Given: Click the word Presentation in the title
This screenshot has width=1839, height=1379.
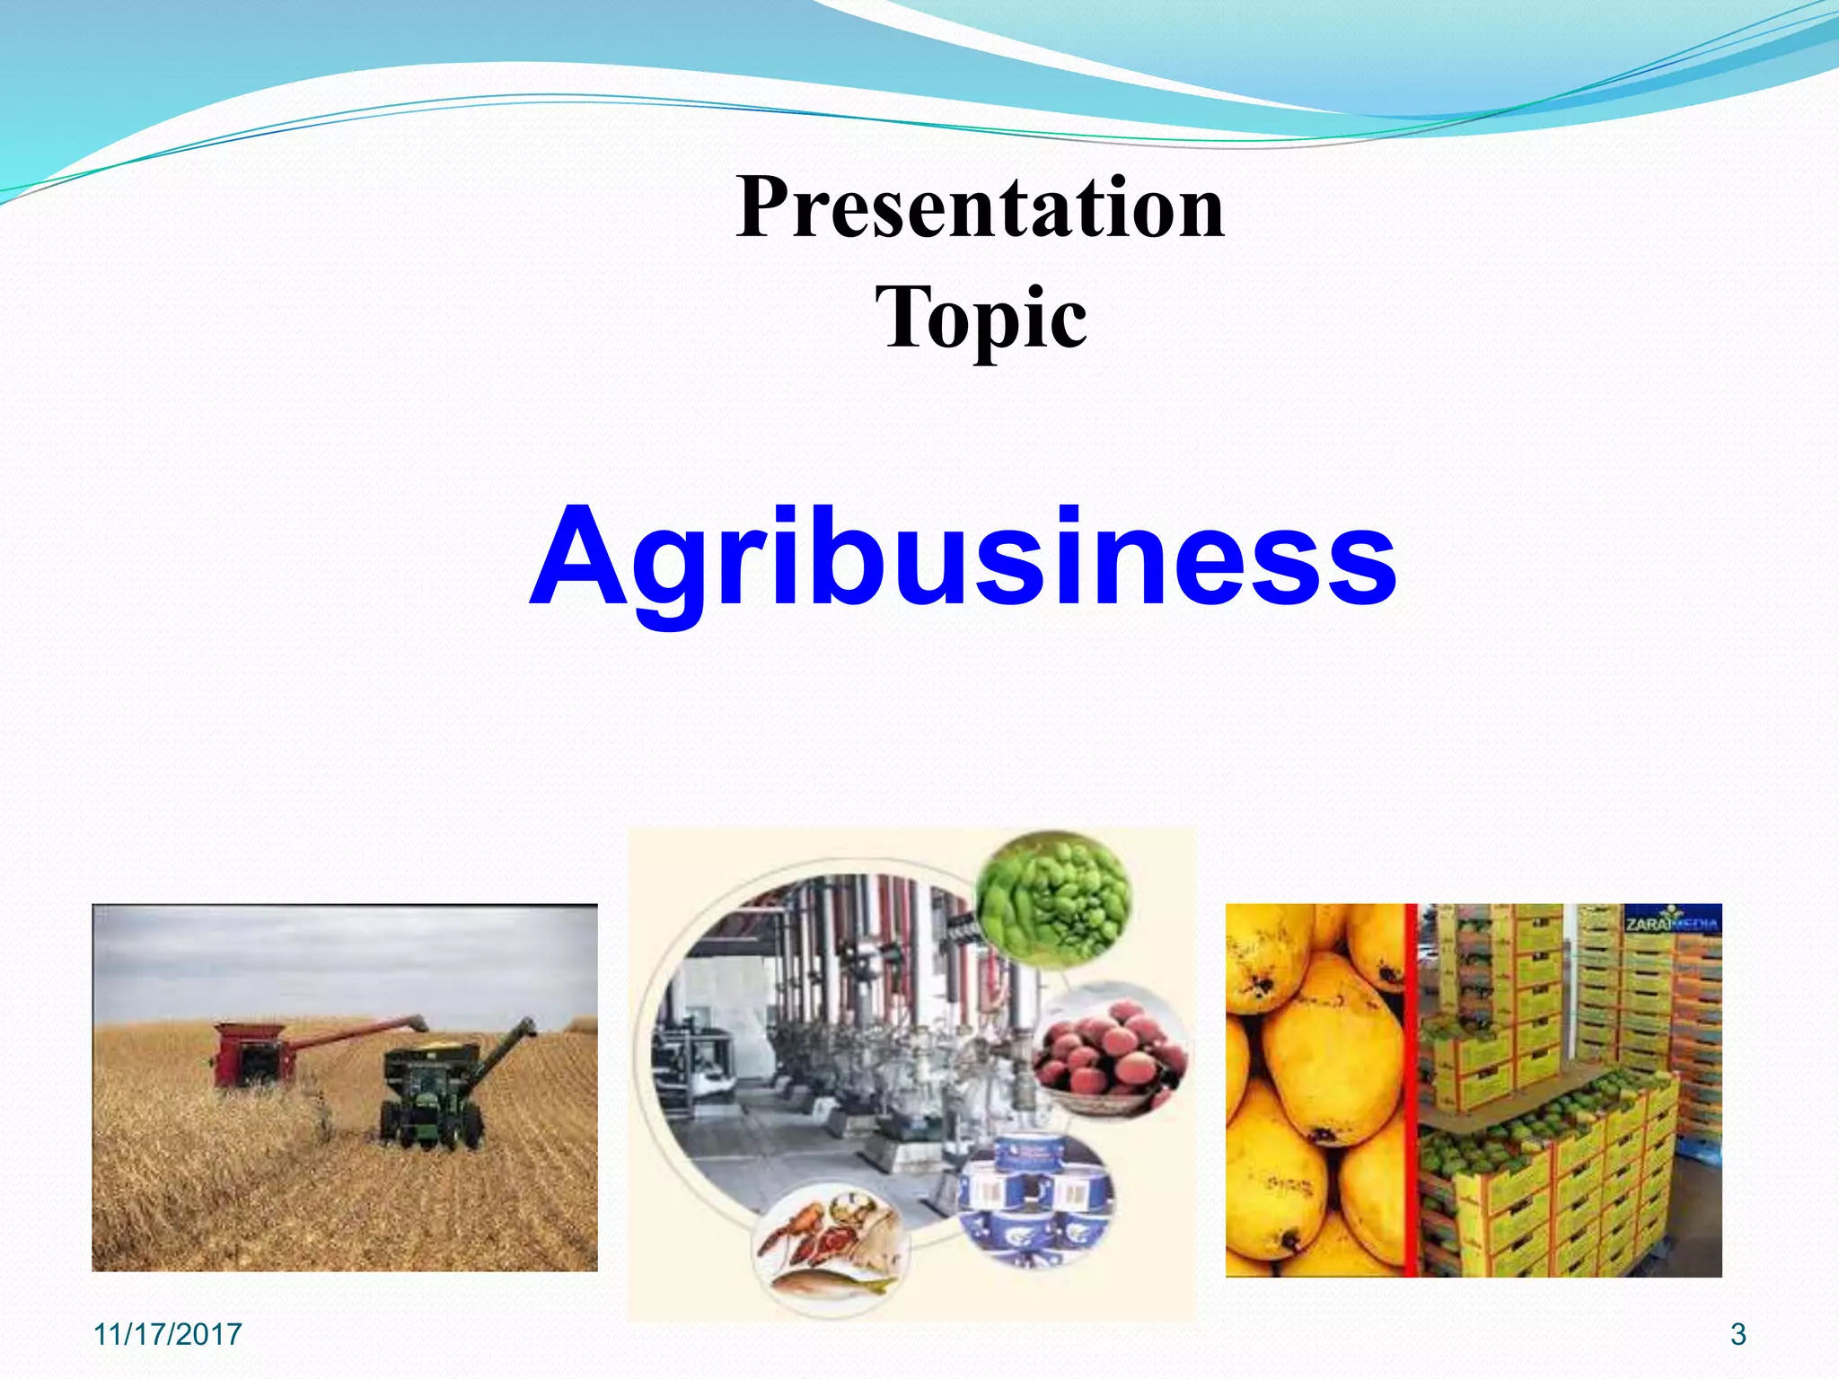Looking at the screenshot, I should pyautogui.click(x=981, y=208).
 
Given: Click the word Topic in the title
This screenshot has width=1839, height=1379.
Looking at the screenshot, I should pyautogui.click(x=981, y=318).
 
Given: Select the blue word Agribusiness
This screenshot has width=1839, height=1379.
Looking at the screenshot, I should pyautogui.click(x=963, y=558).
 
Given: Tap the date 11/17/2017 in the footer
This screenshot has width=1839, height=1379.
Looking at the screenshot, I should pyautogui.click(x=168, y=1334).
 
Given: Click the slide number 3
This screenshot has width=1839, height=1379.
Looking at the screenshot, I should pyautogui.click(x=1738, y=1334).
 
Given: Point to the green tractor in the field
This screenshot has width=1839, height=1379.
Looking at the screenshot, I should pyautogui.click(x=429, y=1100).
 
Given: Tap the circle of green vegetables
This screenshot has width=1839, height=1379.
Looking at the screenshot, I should pyautogui.click(x=1052, y=898).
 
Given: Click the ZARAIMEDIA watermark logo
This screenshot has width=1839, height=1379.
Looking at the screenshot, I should pyautogui.click(x=1672, y=922).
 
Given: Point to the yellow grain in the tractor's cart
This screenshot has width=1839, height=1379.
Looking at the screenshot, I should pyautogui.click(x=440, y=1046).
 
